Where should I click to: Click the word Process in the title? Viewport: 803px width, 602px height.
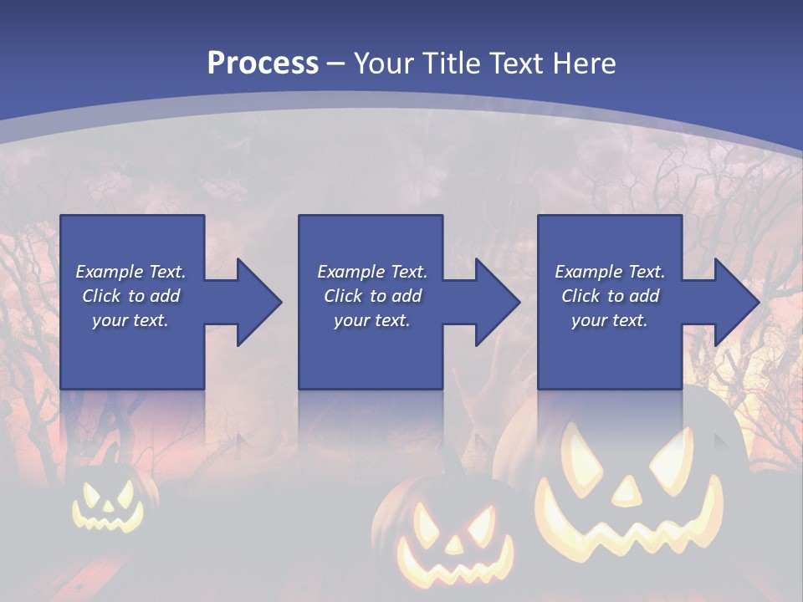pyautogui.click(x=263, y=63)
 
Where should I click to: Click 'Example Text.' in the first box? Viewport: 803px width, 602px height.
pyautogui.click(x=130, y=272)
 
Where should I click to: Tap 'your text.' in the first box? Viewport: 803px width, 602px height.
pyautogui.click(x=130, y=320)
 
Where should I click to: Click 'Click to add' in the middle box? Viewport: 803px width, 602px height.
pyautogui.click(x=372, y=296)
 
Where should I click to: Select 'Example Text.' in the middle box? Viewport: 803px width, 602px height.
pyautogui.click(x=372, y=272)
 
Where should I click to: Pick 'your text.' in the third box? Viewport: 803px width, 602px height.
pyautogui.click(x=610, y=320)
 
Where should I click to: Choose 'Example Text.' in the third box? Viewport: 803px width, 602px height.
pyautogui.click(x=610, y=272)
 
